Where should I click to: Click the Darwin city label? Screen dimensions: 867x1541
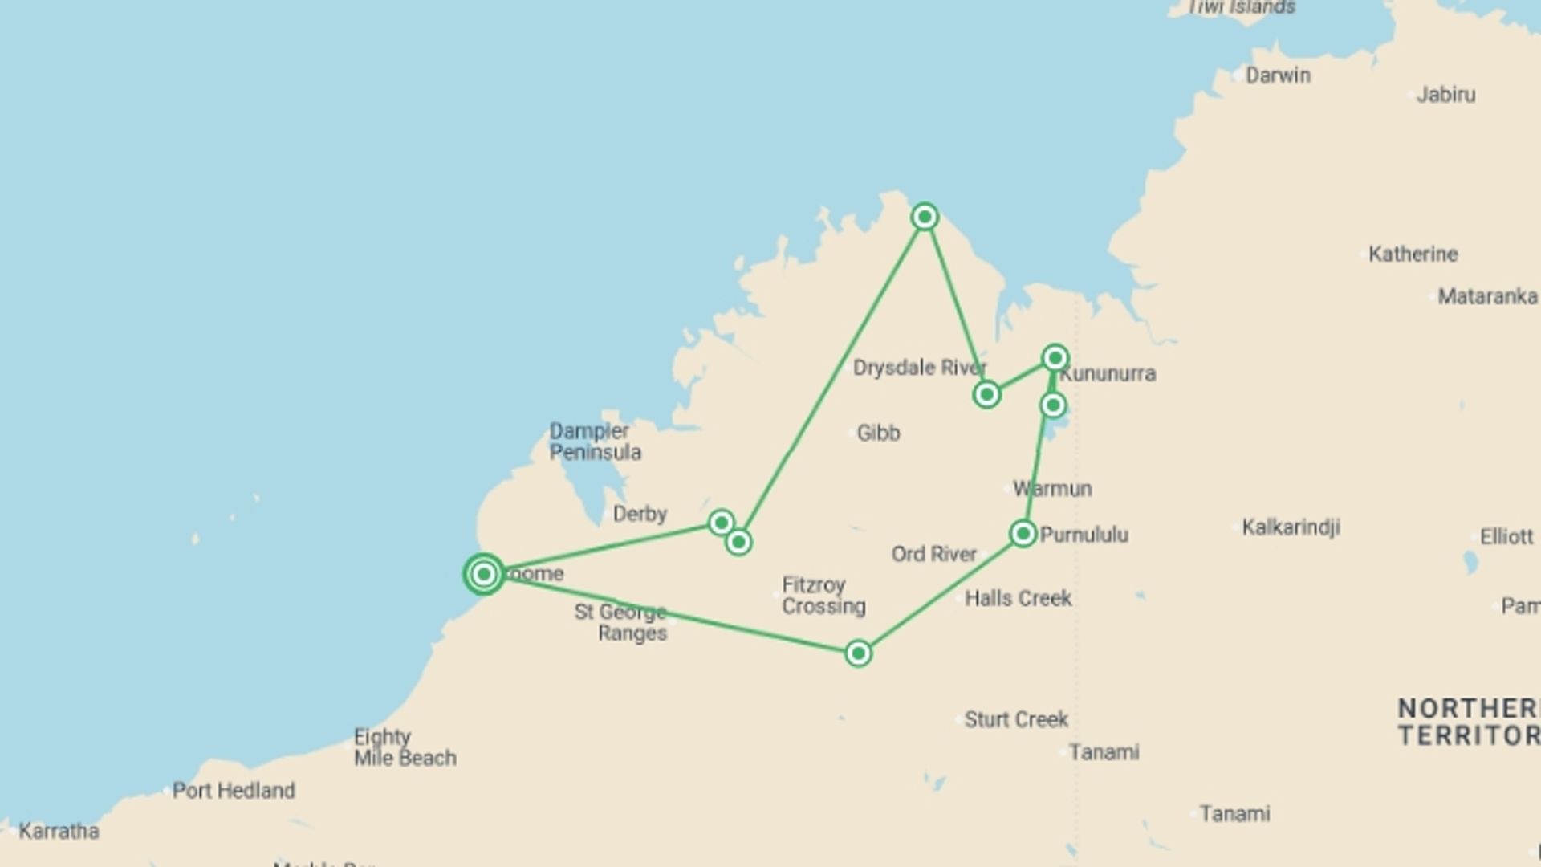1278,75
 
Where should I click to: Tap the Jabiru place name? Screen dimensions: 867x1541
1445,95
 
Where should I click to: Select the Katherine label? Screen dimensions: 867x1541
1413,254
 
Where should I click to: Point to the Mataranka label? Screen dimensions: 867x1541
1487,297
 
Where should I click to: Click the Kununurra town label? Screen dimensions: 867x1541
1108,374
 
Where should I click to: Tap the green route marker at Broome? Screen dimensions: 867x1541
484,574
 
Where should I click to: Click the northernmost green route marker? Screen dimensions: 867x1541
925,217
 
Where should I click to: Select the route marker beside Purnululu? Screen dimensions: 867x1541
1023,534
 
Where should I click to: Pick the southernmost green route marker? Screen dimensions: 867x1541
858,653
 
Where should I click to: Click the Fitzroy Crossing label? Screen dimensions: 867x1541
823,596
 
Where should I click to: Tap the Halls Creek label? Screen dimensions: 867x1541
1018,599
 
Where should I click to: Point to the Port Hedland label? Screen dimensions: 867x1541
234,791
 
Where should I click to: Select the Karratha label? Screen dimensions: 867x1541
59,831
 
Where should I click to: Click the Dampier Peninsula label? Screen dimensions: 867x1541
595,442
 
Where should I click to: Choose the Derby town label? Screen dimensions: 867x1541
640,514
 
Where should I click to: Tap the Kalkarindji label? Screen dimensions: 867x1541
1291,527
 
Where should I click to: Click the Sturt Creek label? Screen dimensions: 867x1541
1016,719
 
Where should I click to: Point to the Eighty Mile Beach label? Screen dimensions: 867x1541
405,747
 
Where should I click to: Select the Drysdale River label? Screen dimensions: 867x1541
919,368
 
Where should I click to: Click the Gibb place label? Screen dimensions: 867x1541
878,433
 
